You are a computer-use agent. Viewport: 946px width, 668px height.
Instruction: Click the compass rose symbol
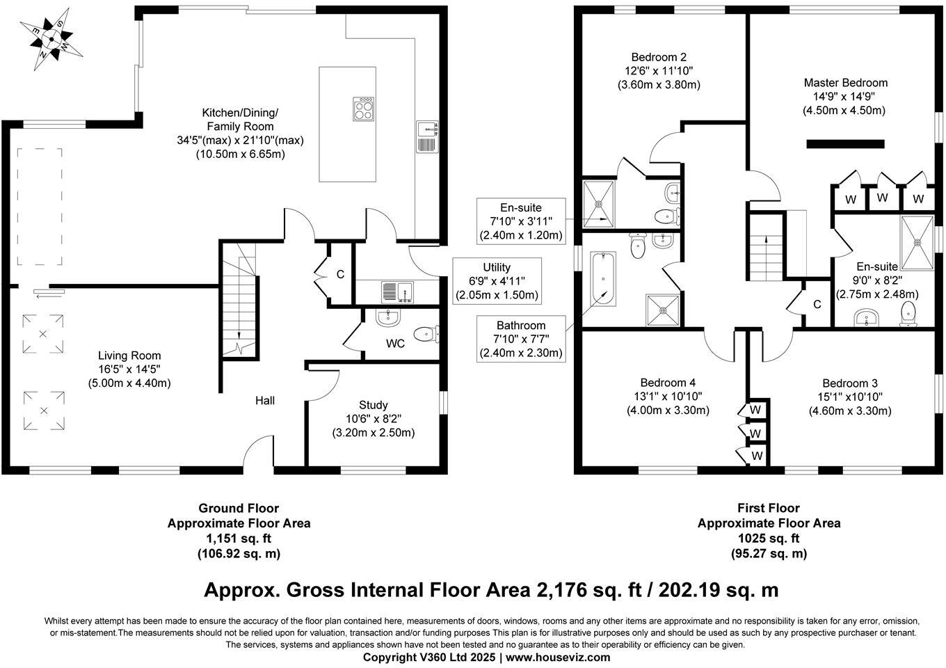tap(51, 39)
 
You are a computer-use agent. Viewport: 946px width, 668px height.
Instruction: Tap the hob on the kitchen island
tap(364, 109)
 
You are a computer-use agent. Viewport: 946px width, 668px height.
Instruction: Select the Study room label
tap(374, 405)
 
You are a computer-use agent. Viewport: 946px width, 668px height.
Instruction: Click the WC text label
tap(395, 344)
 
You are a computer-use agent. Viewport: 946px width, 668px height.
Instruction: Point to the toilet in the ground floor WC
tap(426, 334)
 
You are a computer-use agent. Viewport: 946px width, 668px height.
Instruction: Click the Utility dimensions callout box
tap(497, 281)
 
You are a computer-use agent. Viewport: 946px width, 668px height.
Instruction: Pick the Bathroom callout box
tap(521, 339)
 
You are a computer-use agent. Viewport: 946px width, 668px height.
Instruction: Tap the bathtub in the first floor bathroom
tap(603, 279)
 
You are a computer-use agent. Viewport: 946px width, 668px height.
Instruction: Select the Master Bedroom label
tap(846, 83)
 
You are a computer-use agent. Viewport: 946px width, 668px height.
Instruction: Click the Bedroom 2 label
tap(659, 57)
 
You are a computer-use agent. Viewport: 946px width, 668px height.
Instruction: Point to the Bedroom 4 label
tap(668, 383)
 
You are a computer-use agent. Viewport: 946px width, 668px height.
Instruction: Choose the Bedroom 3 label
tap(850, 383)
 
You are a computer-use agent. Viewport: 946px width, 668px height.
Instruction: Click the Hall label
tap(265, 401)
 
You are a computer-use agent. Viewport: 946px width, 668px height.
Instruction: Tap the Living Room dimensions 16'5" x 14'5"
tap(129, 369)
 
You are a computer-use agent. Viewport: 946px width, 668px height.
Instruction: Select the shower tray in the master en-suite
tap(917, 243)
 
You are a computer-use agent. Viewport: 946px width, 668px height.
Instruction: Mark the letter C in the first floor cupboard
tap(817, 304)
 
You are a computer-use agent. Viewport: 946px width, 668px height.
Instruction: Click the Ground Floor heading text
tap(239, 508)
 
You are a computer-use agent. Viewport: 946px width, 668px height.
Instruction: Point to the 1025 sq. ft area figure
tap(769, 539)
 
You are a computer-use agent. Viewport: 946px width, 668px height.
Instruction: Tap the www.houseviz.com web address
tap(558, 657)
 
